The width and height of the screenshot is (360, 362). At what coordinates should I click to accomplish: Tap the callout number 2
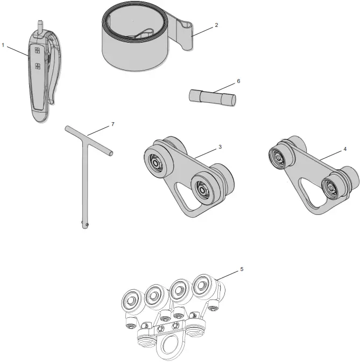coord(216,24)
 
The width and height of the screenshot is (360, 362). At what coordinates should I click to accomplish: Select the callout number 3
coord(221,146)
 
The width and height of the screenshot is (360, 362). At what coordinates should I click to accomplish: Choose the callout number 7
coord(112,124)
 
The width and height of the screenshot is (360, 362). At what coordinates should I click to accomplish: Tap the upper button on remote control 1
coord(37,51)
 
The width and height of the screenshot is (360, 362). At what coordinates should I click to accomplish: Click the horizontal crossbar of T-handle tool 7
coord(89,140)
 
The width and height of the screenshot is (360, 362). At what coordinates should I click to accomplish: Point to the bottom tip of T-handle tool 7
coord(84,226)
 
